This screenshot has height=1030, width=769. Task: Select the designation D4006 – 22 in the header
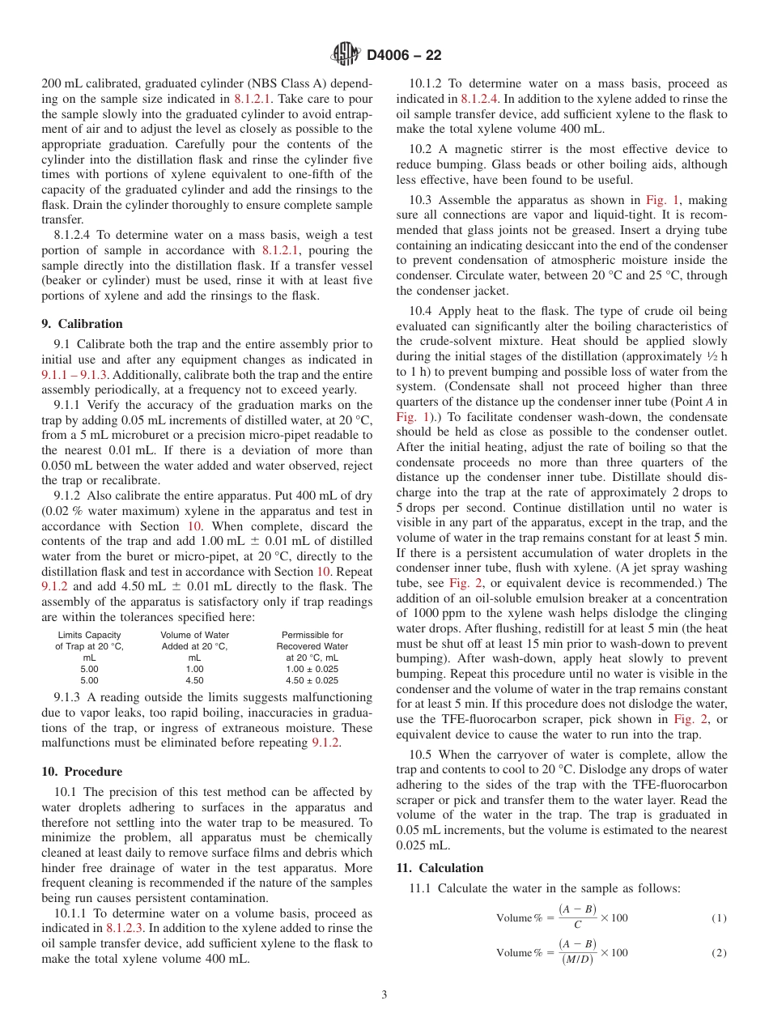tap(404, 56)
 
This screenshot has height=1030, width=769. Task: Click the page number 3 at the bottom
tap(384, 995)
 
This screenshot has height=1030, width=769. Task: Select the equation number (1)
tap(719, 918)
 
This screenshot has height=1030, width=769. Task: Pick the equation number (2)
tap(719, 953)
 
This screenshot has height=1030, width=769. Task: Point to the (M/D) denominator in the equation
tap(576, 960)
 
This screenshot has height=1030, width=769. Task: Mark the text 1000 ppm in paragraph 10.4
tap(433, 613)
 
